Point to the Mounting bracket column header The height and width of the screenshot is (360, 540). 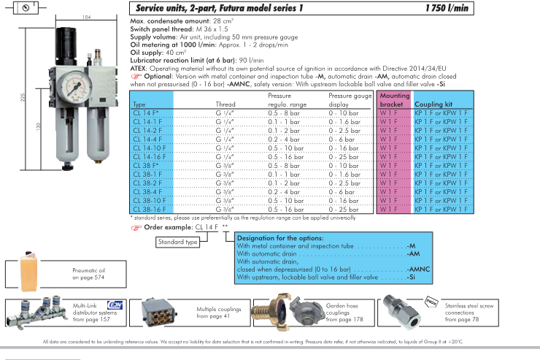point(394,100)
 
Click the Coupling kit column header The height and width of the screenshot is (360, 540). point(433,104)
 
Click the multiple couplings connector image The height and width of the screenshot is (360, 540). point(155,312)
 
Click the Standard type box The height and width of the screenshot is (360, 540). point(178,242)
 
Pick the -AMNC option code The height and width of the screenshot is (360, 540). point(418,269)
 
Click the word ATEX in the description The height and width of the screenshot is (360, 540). point(139,66)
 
